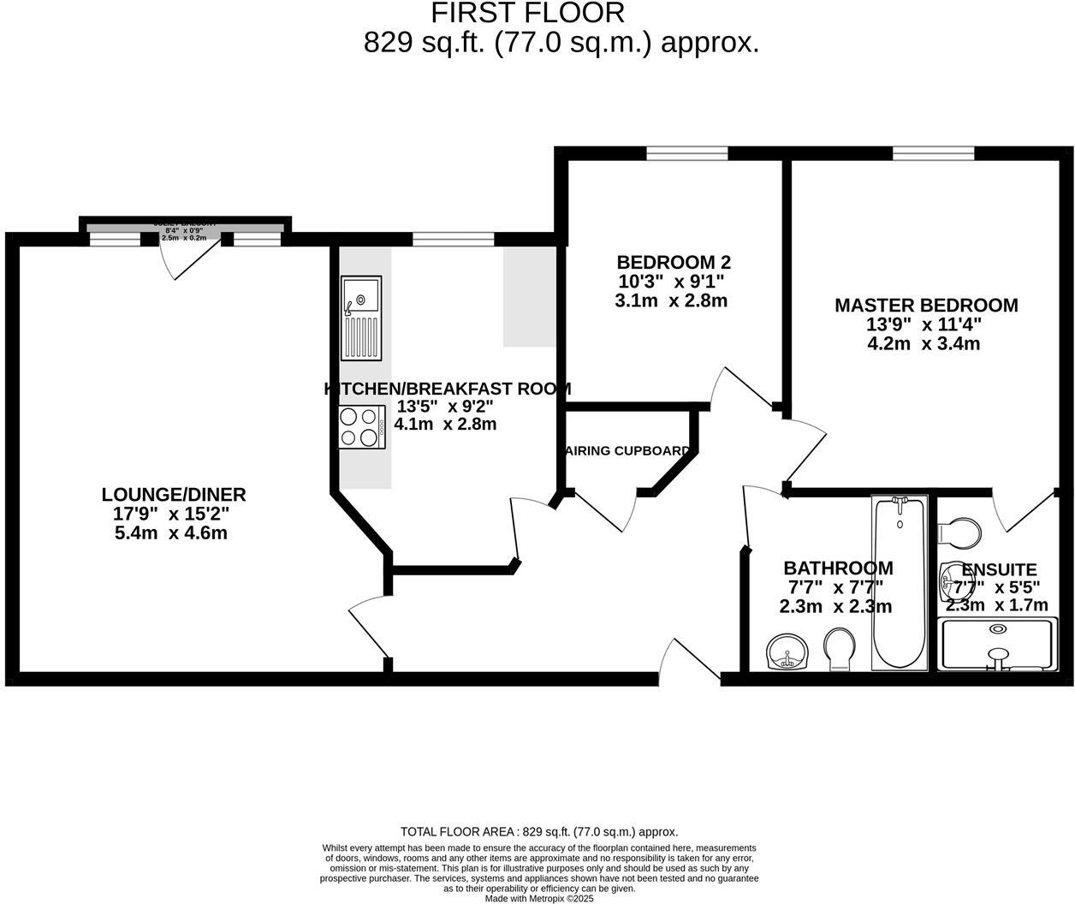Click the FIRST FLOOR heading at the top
[527, 13]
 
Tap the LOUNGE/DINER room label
[174, 495]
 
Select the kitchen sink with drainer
[361, 318]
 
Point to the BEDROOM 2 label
[674, 263]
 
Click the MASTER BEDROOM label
[926, 306]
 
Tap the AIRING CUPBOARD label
[627, 451]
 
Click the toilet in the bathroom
[839, 648]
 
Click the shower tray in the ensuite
[997, 644]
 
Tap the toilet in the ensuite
[960, 532]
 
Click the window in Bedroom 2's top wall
[686, 153]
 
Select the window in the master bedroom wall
[933, 153]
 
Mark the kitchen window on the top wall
[453, 240]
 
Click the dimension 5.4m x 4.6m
[171, 533]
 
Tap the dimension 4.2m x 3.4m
[924, 344]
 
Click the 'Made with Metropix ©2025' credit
[539, 899]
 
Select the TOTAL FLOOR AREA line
[539, 831]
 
